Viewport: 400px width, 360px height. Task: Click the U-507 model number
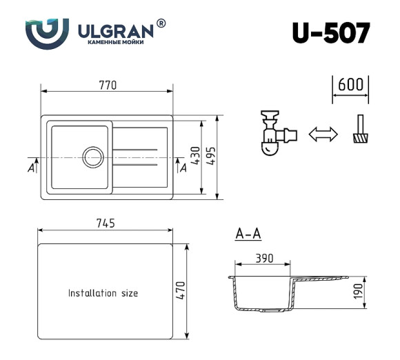click(x=330, y=32)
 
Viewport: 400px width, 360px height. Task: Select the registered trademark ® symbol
click(x=161, y=23)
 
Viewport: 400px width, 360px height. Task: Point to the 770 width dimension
click(x=107, y=86)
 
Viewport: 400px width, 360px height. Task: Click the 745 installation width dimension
click(x=104, y=223)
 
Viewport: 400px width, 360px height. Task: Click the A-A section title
click(x=248, y=234)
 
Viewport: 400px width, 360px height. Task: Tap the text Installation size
click(x=103, y=293)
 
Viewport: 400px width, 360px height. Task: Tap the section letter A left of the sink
click(x=31, y=166)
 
